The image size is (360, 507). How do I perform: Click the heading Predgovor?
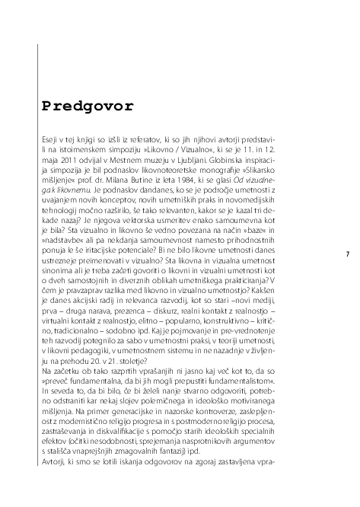pos(88,104)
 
